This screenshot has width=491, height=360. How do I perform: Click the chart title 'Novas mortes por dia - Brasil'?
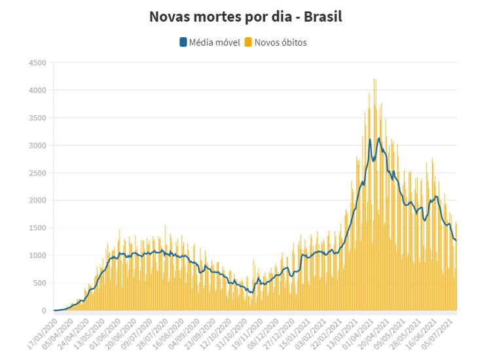245,16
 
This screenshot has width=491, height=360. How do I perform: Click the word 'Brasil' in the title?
321,16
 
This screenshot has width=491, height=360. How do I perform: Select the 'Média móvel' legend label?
215,43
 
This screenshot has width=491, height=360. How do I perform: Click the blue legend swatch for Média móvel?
183,43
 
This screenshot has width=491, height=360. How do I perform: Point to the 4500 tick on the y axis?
37,63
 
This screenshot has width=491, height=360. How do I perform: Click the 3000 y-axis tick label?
37,145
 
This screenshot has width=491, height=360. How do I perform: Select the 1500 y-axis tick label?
37,228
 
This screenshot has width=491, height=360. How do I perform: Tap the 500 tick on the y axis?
39,283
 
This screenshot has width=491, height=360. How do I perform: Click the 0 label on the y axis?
44,310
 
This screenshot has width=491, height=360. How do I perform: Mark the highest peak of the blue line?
379,138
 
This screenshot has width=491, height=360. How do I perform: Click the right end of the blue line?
456,240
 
